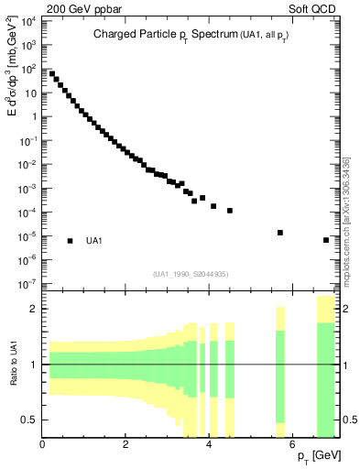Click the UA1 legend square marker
pos(70,241)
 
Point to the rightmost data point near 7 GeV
pos(326,240)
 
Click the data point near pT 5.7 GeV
pos(280,233)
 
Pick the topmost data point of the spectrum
pos(52,73)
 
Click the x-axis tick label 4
pos(210,446)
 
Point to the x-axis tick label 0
pos(43,446)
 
